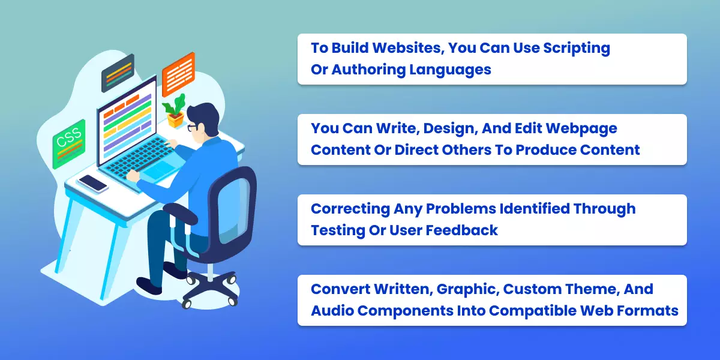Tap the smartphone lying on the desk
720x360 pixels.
click(x=93, y=182)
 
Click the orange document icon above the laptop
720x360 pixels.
click(x=178, y=75)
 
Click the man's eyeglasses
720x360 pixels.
click(x=192, y=127)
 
